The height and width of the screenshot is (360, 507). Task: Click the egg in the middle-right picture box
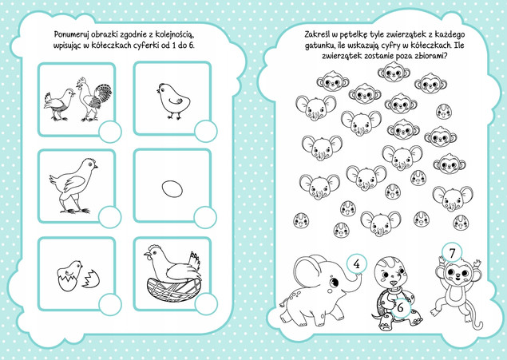pyautogui.click(x=172, y=188)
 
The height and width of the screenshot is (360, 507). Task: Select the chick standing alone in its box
pyautogui.click(x=173, y=101)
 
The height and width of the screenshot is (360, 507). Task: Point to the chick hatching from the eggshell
pyautogui.click(x=69, y=275)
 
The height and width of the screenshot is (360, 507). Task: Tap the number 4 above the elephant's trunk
pyautogui.click(x=357, y=264)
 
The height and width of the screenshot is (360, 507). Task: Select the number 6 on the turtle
pyautogui.click(x=400, y=307)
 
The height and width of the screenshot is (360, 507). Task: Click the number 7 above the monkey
pyautogui.click(x=452, y=253)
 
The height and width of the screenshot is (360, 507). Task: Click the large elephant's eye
pyautogui.click(x=334, y=283)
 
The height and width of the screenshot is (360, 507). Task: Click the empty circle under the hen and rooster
pyautogui.click(x=110, y=132)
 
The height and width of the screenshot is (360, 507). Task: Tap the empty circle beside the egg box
pyautogui.click(x=205, y=217)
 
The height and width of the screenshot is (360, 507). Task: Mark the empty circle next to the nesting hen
pyautogui.click(x=206, y=304)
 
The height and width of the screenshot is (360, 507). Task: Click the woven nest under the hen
pyautogui.click(x=174, y=290)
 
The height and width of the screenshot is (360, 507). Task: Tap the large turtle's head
pyautogui.click(x=391, y=271)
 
